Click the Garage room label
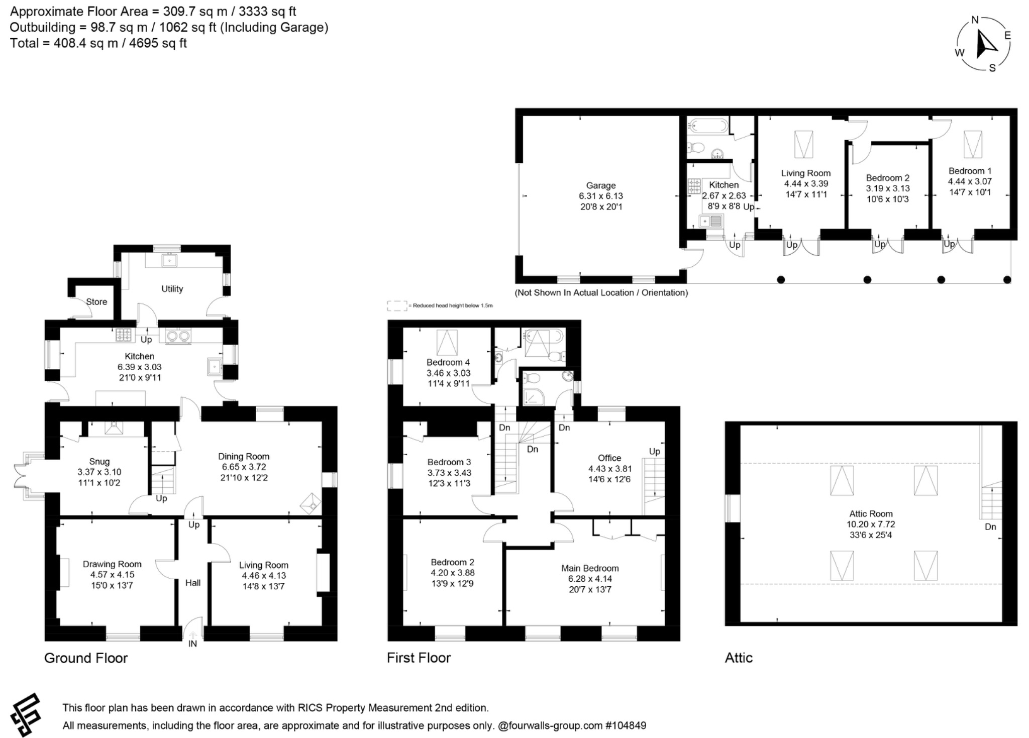click(x=600, y=185)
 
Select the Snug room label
click(x=99, y=461)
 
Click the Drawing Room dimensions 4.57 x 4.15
click(x=112, y=575)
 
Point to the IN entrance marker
click(x=192, y=644)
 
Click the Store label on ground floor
click(x=96, y=302)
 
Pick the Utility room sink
click(x=169, y=260)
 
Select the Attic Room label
click(x=871, y=513)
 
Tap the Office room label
click(x=609, y=458)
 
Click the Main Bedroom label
click(x=590, y=568)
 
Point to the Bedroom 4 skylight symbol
click(x=447, y=343)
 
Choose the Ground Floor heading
click(x=86, y=658)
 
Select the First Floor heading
click(x=419, y=658)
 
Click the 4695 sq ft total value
click(x=158, y=43)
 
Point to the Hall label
click(x=193, y=583)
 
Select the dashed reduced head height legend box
click(x=397, y=305)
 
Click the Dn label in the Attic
click(x=990, y=526)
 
